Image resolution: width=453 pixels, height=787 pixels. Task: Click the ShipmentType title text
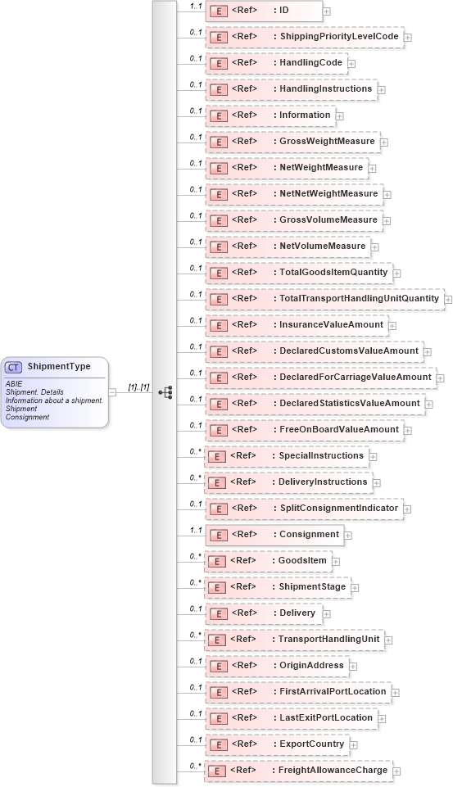click(x=59, y=366)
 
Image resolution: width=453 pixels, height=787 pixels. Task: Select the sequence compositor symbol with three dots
click(x=165, y=392)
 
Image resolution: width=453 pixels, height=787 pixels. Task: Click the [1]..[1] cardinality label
click(x=138, y=387)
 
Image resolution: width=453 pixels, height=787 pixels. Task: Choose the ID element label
click(x=284, y=11)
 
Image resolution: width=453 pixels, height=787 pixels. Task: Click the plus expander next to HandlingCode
click(x=351, y=63)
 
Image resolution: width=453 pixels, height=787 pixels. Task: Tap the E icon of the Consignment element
click(x=219, y=535)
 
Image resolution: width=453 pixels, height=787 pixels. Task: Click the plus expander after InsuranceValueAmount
click(x=392, y=325)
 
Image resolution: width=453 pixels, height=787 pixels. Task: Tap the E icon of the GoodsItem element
click(x=219, y=561)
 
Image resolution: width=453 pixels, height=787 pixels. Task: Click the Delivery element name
click(x=297, y=613)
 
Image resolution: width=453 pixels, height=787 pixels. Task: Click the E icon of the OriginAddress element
click(x=219, y=666)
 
